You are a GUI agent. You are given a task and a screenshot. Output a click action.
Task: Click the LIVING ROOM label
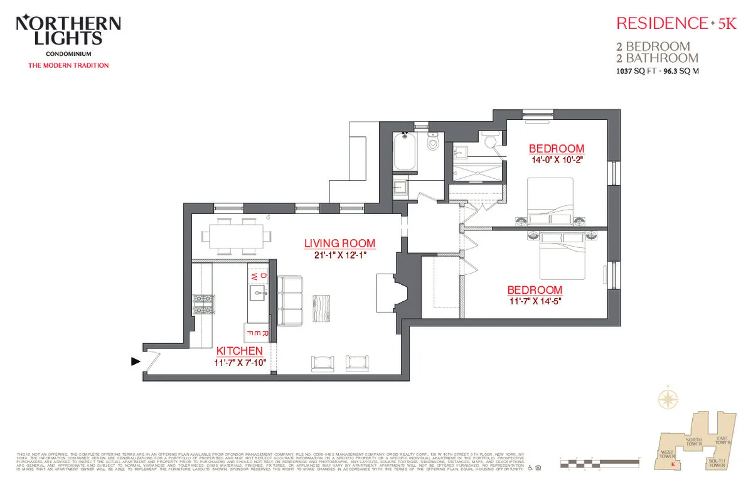(339, 243)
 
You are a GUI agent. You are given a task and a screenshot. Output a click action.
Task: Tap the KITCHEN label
(239, 351)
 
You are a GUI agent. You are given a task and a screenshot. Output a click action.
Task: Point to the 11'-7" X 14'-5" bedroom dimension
(535, 301)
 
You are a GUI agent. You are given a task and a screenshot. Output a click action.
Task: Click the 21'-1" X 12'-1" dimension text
(339, 255)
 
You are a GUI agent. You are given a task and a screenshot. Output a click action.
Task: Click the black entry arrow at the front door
(135, 361)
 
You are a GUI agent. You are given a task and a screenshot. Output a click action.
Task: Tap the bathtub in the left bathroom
(403, 152)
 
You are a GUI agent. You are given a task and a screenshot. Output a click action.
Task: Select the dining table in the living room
(237, 237)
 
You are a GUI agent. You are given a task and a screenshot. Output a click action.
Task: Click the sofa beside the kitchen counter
(290, 301)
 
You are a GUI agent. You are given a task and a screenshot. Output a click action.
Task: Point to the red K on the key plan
(673, 465)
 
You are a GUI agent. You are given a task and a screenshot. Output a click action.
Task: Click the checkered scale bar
(599, 464)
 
